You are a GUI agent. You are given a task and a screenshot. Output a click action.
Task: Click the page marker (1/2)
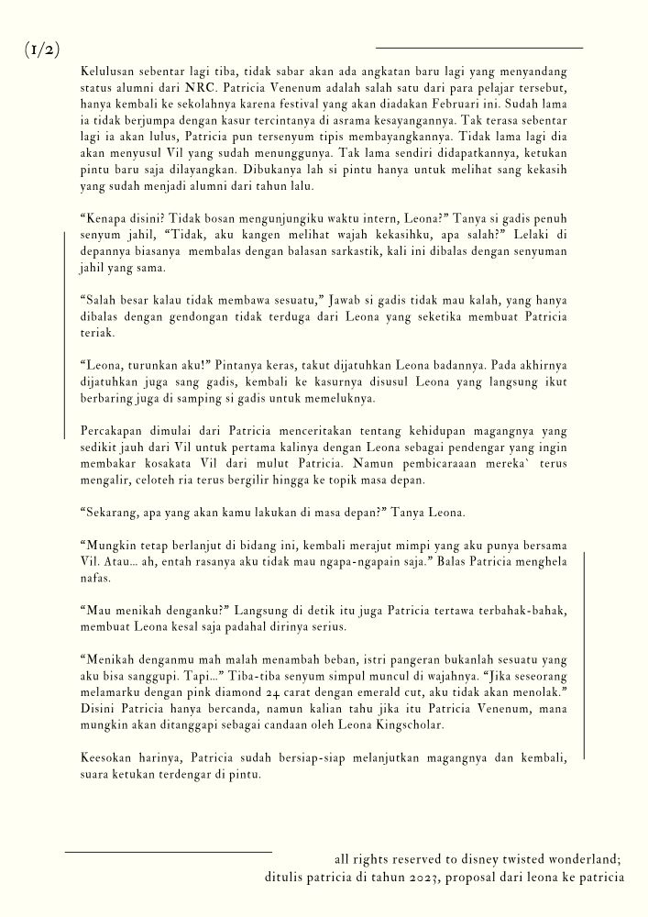point(42,50)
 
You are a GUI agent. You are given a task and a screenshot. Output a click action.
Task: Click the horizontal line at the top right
point(479,47)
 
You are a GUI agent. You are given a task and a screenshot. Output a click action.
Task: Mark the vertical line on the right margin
point(585,656)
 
